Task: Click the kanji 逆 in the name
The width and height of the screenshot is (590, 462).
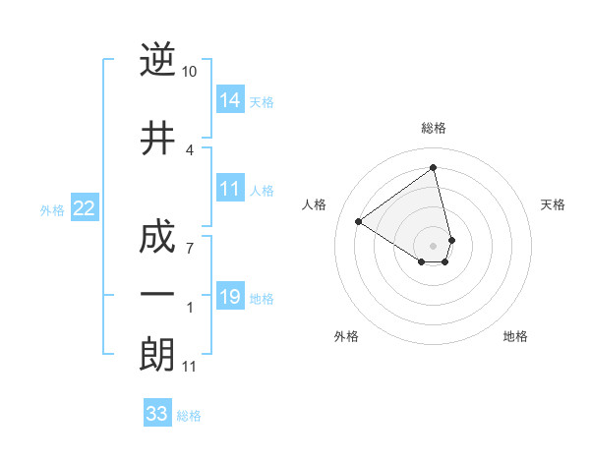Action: (x=157, y=61)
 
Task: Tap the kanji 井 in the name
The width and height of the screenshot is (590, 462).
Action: (x=157, y=140)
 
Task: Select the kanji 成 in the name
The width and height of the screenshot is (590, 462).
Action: (x=157, y=238)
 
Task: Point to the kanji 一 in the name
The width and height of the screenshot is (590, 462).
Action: (x=157, y=295)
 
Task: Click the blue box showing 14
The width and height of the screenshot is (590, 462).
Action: (x=230, y=100)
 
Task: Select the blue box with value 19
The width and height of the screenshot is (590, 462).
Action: (x=230, y=297)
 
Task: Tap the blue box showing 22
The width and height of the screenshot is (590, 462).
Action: (x=84, y=208)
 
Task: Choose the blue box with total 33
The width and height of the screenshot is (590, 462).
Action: (x=156, y=414)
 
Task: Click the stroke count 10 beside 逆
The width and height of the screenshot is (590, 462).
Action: (x=190, y=72)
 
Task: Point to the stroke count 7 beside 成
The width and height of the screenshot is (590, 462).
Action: (x=190, y=248)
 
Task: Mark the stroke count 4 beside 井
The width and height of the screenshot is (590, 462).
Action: (x=190, y=149)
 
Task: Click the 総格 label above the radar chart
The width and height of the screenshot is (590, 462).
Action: (x=434, y=129)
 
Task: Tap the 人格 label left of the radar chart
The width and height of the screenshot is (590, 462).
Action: (x=315, y=204)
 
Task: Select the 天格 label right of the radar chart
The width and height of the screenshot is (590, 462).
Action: (x=553, y=204)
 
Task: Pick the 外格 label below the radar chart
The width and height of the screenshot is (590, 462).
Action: (x=346, y=336)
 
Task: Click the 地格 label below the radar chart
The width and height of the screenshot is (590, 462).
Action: (x=515, y=336)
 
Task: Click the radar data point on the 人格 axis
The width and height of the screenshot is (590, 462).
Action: (x=359, y=222)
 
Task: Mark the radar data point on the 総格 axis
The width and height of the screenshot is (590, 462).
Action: (x=434, y=168)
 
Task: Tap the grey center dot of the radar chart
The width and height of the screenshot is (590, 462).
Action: (x=434, y=245)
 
